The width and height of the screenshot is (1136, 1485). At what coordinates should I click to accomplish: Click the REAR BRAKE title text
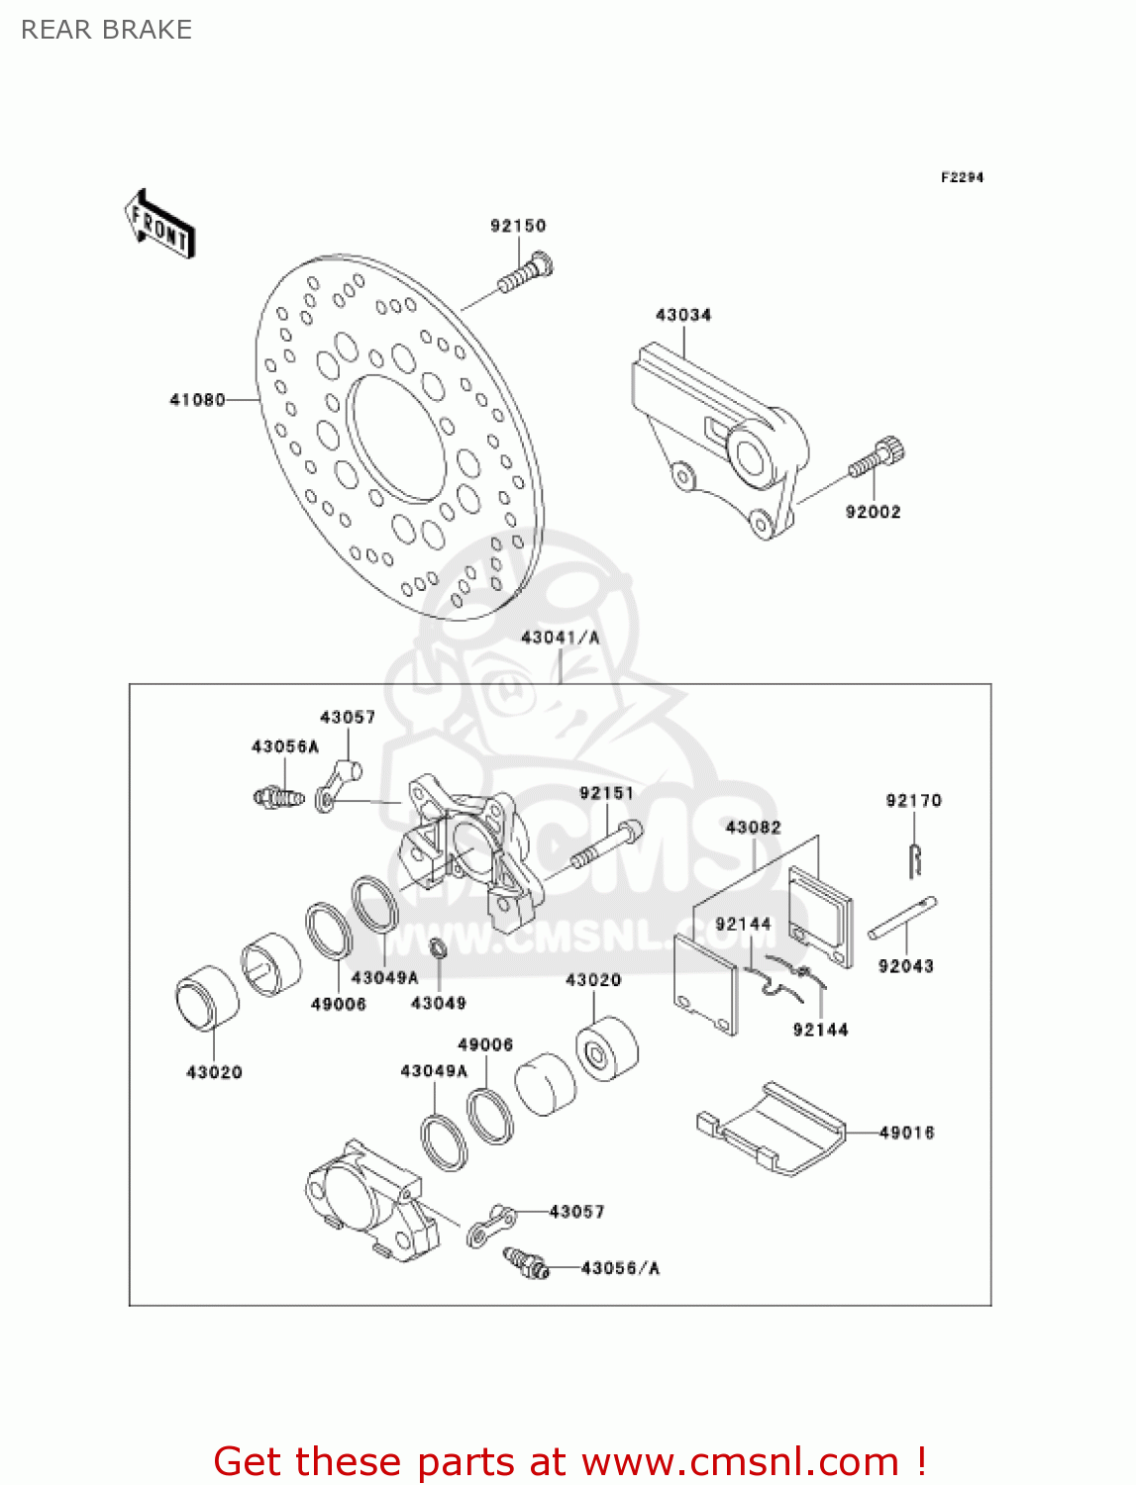106,30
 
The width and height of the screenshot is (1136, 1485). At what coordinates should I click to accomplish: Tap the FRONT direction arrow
159,225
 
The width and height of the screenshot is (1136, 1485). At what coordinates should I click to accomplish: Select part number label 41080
197,400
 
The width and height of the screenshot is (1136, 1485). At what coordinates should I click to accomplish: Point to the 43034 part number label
683,315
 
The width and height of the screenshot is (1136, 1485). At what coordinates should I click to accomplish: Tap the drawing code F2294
962,177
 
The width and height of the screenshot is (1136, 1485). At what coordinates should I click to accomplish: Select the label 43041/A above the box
561,638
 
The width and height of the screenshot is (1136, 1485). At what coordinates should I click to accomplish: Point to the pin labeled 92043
902,918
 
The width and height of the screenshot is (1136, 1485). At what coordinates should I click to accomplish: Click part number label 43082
754,828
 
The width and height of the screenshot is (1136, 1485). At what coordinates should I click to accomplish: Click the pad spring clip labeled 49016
773,1129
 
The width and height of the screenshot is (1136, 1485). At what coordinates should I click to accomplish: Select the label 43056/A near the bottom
620,1268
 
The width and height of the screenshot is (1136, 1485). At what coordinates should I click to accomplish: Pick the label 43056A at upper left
285,746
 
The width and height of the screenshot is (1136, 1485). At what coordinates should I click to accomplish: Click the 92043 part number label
906,966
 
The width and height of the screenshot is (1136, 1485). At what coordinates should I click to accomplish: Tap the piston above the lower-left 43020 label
207,998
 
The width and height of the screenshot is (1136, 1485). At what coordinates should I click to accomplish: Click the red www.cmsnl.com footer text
569,1462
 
